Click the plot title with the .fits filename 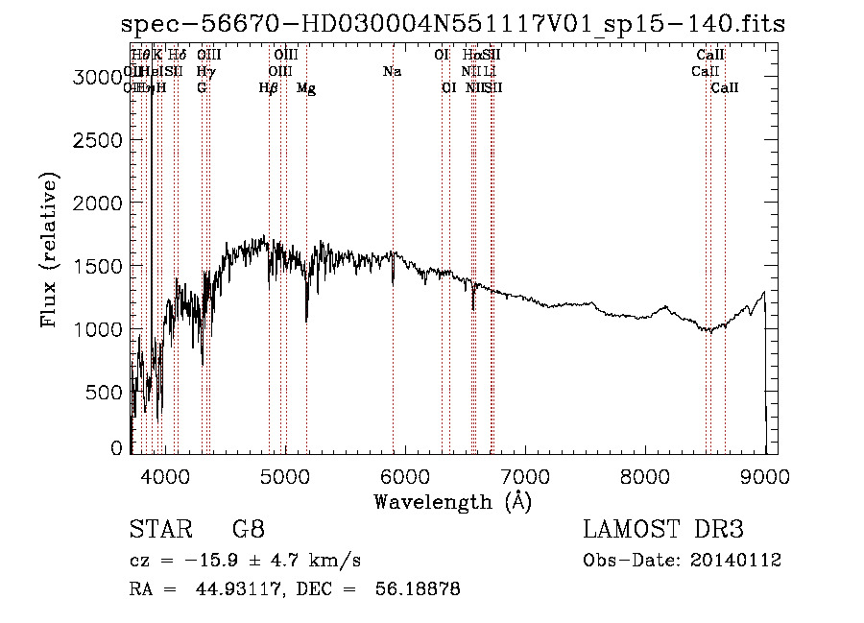click(453, 24)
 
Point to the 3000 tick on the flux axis click(99, 78)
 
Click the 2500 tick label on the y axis click(99, 140)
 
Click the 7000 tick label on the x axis click(524, 473)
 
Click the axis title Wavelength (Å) click(452, 501)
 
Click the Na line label click(392, 72)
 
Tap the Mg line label click(306, 88)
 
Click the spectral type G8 click(248, 530)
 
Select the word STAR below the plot click(155, 530)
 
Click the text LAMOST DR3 click(662, 530)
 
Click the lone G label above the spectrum click(202, 88)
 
